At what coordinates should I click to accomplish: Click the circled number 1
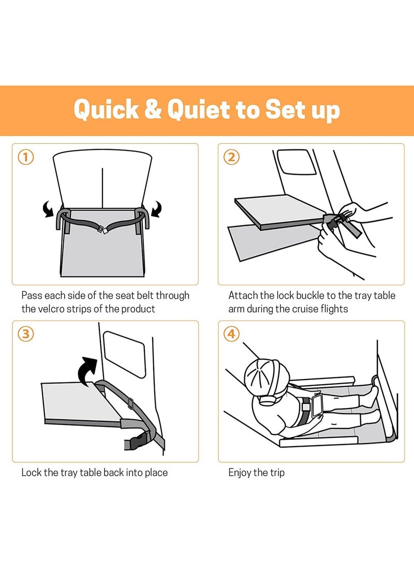25,157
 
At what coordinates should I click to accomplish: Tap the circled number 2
231,157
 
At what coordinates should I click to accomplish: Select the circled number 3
25,334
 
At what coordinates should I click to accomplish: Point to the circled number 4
231,334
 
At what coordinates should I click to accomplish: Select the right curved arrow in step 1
156,209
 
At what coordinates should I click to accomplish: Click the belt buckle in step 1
102,229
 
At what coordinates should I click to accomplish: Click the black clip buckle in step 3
137,441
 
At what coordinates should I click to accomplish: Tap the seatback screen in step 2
297,162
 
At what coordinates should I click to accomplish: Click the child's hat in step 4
267,378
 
